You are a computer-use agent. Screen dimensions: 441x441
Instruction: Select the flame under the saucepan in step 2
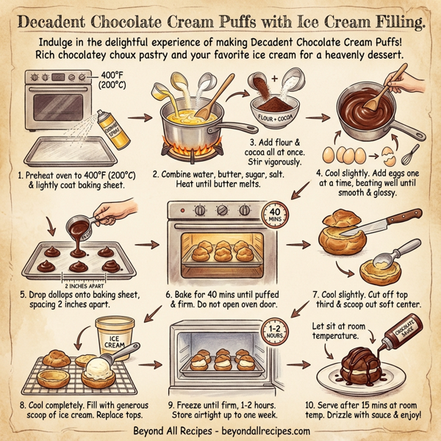coord(193,148)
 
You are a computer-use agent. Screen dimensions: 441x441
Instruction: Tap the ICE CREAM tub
coord(120,332)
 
